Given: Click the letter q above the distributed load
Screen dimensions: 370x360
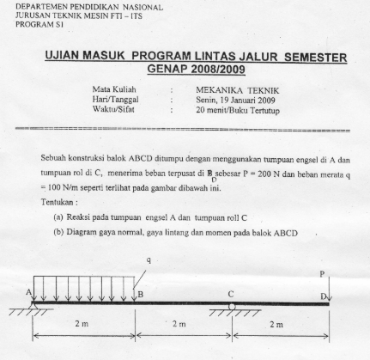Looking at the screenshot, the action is click(x=148, y=259).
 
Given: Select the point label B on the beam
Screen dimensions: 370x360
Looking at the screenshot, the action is click(x=140, y=294).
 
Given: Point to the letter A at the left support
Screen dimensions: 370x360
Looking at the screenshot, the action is click(x=30, y=293).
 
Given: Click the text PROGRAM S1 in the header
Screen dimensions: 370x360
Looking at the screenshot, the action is click(x=26, y=24).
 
